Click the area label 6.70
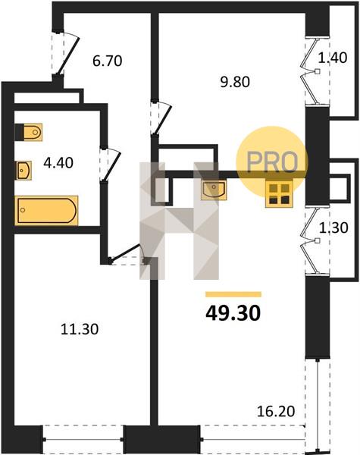[x=108, y=61]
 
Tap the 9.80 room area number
[x=235, y=82]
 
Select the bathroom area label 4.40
[x=58, y=163]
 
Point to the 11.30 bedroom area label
[x=80, y=329]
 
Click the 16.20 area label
[x=276, y=411]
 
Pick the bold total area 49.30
[x=233, y=313]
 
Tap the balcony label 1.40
[x=333, y=58]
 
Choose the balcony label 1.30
[x=333, y=227]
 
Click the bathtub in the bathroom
[x=46, y=210]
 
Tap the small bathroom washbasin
[x=23, y=171]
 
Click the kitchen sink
[x=214, y=190]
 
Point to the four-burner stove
[x=279, y=193]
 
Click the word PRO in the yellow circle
[x=272, y=162]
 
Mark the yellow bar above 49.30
[x=233, y=294]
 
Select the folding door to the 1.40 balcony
[x=311, y=71]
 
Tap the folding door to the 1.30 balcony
[x=311, y=240]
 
